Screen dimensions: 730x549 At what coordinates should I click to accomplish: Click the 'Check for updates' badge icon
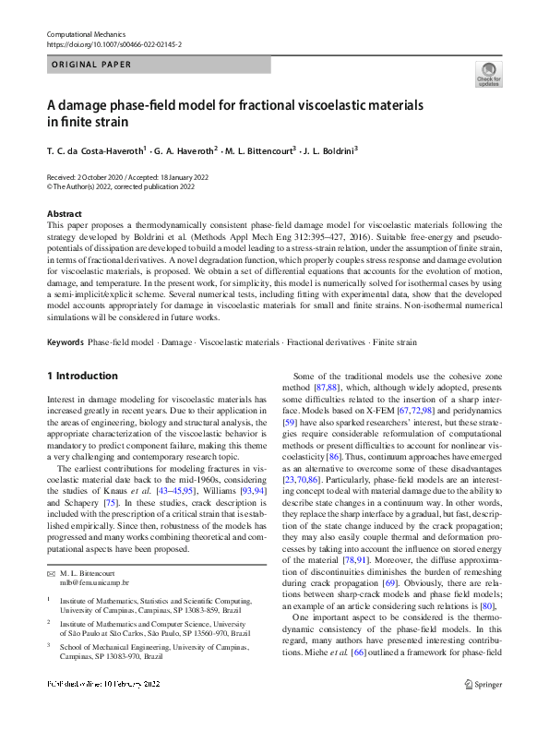pos(488,73)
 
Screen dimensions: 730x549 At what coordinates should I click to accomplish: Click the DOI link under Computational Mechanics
pos(113,43)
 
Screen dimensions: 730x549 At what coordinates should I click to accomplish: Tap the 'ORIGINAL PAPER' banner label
pos(90,65)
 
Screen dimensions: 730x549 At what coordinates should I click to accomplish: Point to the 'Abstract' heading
pos(63,214)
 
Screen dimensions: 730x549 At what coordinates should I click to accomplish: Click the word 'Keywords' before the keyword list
pos(65,342)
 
